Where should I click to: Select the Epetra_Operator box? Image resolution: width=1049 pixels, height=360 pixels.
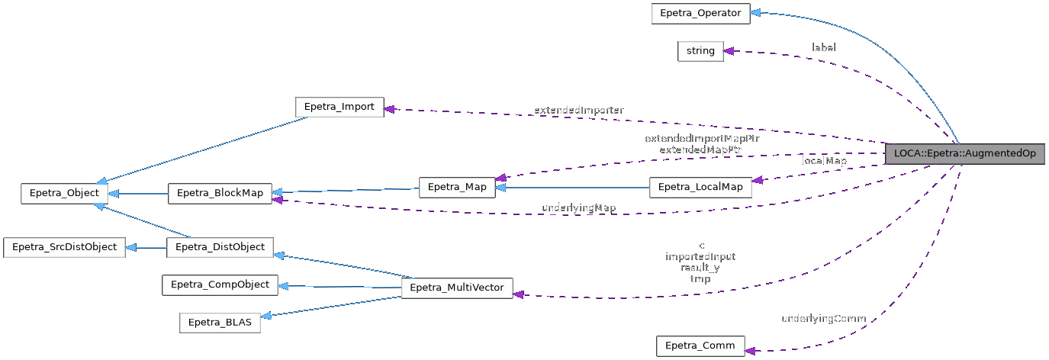tap(700, 13)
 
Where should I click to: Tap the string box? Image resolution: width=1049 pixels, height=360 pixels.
tap(700, 51)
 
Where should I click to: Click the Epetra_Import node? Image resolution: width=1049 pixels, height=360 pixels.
tap(339, 107)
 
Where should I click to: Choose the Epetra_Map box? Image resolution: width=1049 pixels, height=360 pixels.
tap(457, 188)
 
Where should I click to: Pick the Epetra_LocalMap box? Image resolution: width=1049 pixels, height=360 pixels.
tap(700, 188)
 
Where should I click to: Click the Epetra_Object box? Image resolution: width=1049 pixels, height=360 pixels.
tap(65, 193)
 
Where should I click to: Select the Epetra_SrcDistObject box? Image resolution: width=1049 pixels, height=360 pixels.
tap(64, 247)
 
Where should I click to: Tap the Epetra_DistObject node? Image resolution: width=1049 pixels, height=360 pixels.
tap(219, 247)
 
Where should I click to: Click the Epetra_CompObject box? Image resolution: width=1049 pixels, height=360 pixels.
tap(220, 284)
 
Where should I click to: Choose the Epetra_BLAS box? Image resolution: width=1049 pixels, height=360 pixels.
tap(220, 323)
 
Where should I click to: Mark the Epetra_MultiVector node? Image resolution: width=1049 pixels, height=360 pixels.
tap(456, 288)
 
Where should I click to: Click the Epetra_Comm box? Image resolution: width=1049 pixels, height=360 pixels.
tap(700, 346)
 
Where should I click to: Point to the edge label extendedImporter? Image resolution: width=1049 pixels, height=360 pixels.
tap(578, 111)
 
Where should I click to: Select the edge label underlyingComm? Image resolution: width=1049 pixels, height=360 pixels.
tap(823, 318)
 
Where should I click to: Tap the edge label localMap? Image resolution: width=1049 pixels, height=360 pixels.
tap(824, 162)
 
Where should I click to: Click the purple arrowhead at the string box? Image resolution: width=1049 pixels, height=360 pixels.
tap(729, 51)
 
